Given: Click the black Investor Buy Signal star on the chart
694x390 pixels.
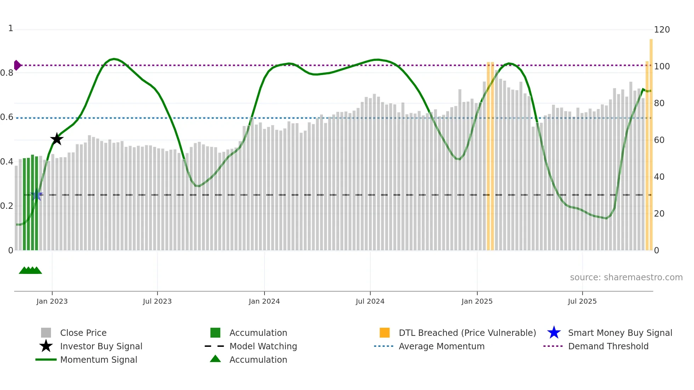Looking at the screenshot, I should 57,139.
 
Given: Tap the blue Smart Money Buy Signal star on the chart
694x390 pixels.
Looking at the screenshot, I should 36,195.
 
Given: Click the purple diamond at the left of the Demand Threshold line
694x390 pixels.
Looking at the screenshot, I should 17,65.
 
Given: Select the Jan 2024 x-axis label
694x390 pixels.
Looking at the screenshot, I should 264,301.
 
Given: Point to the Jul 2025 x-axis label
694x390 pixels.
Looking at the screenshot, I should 582,301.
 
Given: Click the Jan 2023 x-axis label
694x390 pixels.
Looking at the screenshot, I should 52,301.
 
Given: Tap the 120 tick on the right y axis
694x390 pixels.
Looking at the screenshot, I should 661,29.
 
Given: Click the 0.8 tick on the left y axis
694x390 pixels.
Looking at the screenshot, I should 7,73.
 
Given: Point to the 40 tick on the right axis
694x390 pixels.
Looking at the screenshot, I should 659,177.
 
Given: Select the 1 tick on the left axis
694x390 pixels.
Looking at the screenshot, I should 11,28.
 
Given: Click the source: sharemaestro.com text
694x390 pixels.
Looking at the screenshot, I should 626,277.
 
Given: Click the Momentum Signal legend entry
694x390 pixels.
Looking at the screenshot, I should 98,360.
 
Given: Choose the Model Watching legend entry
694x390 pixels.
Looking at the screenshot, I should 263,346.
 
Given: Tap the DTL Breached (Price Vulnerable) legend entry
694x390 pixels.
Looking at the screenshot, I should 467,333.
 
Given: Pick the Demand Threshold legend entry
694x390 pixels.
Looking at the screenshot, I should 608,346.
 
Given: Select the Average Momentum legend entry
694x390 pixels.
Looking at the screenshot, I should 441,346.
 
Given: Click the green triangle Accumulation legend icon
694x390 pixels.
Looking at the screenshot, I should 215,359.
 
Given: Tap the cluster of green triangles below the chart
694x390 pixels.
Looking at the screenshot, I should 30,270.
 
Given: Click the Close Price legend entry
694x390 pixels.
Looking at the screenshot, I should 83,333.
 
